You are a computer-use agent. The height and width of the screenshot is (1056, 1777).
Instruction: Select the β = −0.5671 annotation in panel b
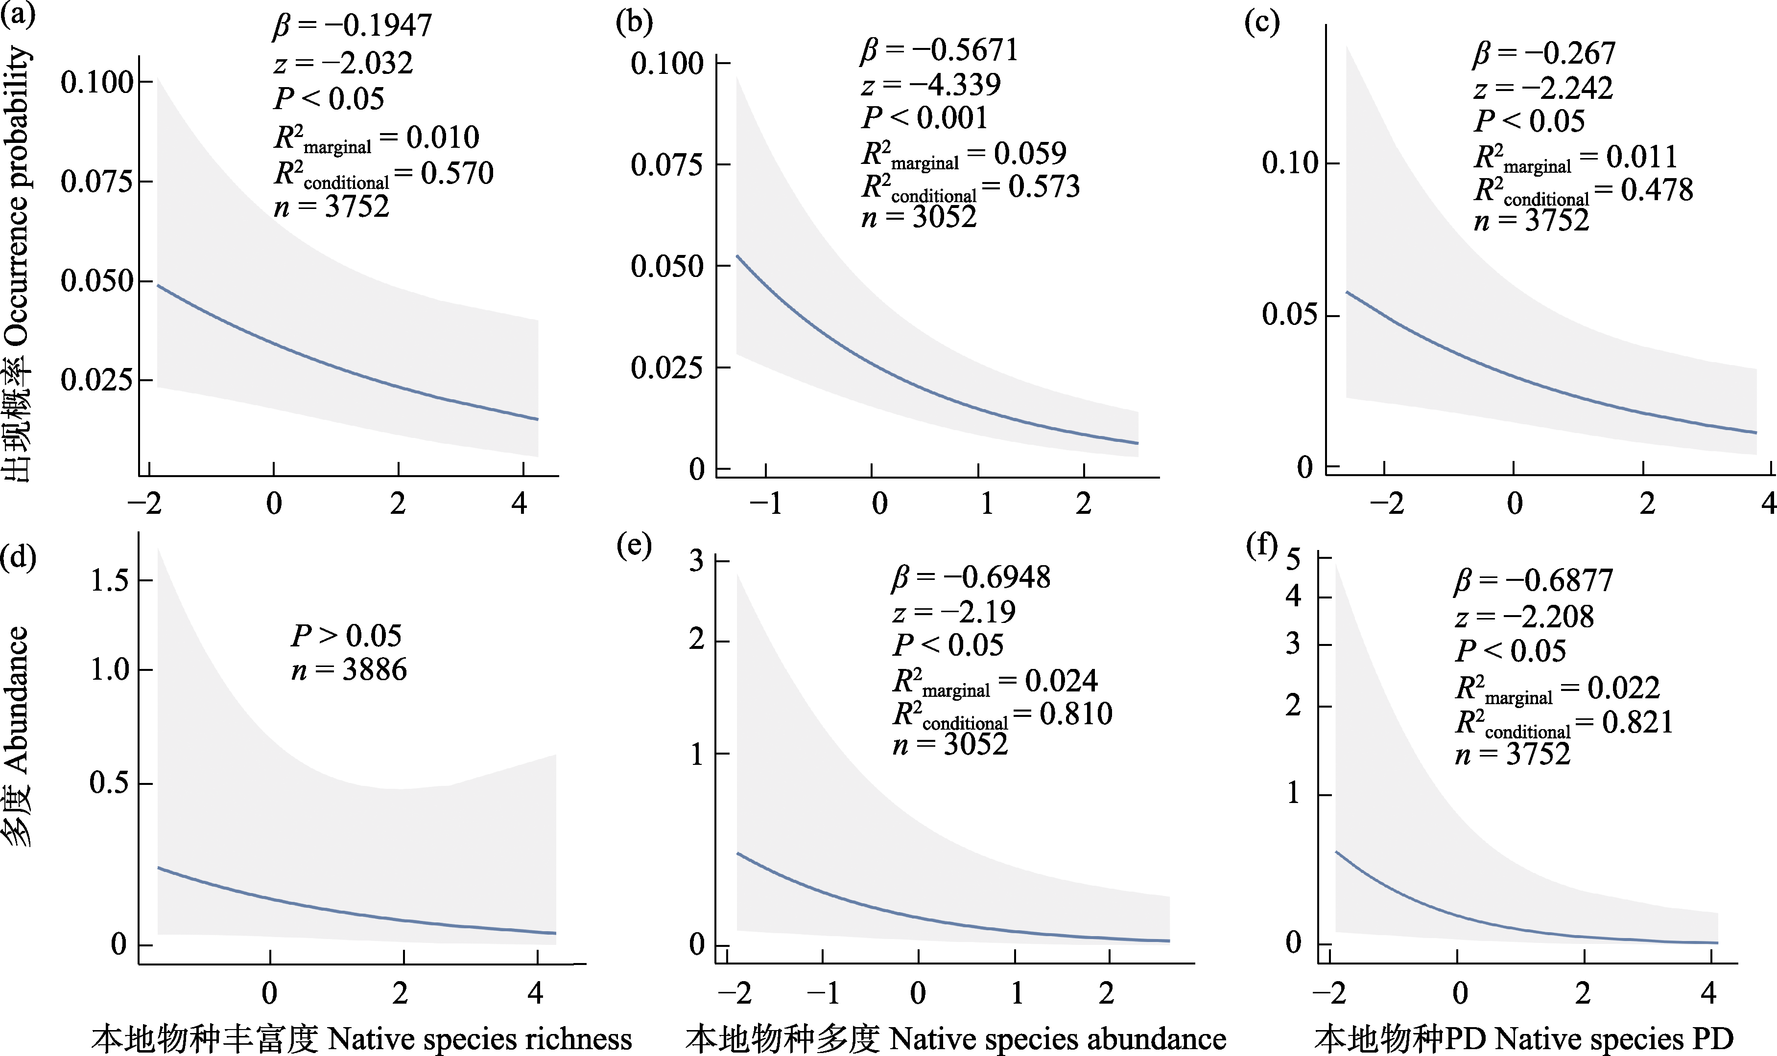[x=940, y=50]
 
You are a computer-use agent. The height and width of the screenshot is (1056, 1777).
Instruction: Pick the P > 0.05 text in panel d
[x=346, y=636]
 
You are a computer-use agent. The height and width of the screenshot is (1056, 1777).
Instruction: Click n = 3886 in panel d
[x=349, y=669]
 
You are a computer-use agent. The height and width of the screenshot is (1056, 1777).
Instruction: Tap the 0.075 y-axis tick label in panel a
[x=97, y=182]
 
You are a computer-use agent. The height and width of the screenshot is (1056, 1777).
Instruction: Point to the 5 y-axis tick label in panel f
[x=1293, y=559]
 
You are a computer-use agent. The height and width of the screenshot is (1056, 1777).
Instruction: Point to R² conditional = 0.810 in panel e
[x=1002, y=714]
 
